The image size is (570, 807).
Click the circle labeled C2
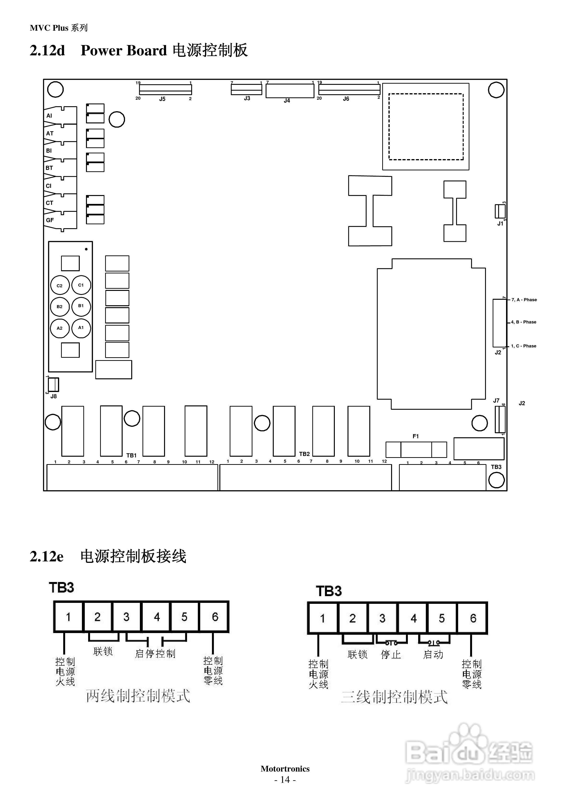coord(60,286)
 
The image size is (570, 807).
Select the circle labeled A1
coord(81,328)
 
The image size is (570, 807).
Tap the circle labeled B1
coord(81,306)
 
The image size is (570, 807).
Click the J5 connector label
coord(162,99)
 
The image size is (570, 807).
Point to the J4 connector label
coord(287,101)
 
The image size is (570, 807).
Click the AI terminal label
coord(49,116)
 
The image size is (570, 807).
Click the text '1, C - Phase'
coord(524,346)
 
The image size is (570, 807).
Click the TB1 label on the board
coord(131,455)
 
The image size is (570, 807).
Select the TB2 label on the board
coord(304,454)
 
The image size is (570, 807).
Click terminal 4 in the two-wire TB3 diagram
coord(156,617)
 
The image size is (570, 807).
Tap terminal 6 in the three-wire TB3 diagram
coord(473,618)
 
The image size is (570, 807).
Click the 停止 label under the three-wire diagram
coord(391,654)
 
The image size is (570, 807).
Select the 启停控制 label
coord(155,653)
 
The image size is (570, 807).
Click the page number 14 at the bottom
coord(285,780)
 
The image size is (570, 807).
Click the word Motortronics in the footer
coord(285,769)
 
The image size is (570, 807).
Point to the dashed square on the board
coord(426,127)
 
